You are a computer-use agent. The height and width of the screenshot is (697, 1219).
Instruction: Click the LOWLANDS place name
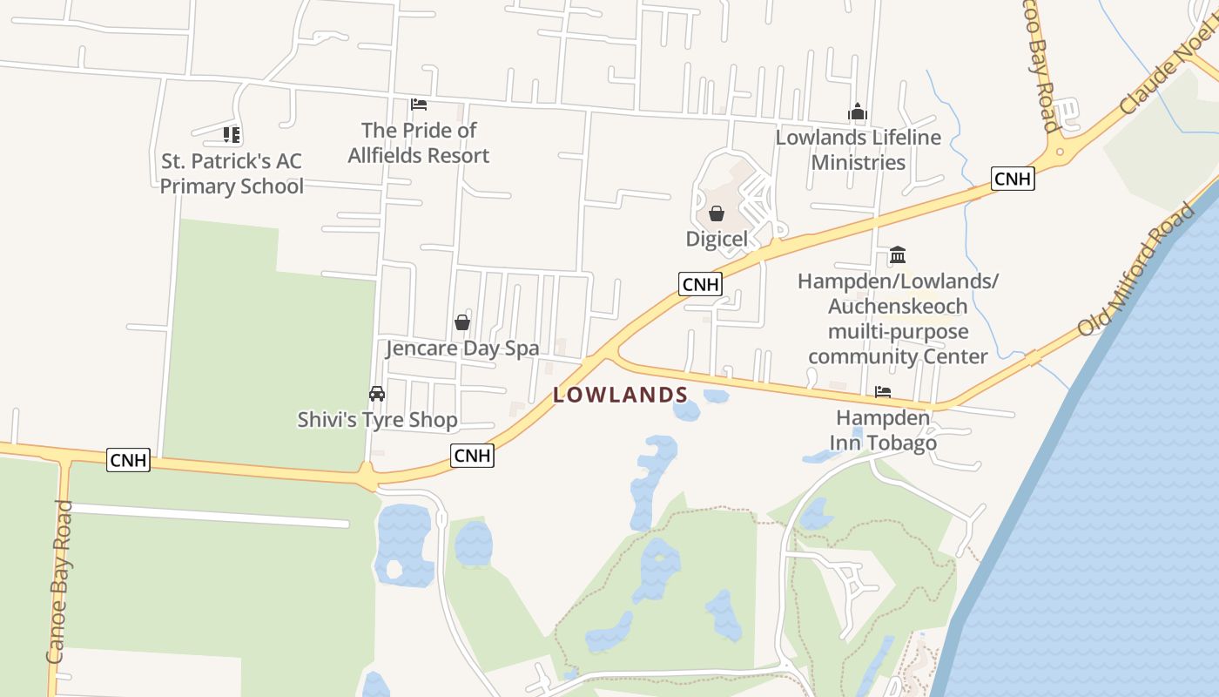click(620, 395)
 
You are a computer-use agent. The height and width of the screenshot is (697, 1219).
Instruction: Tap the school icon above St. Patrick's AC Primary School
click(231, 134)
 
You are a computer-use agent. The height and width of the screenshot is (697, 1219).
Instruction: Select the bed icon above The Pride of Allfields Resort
click(419, 105)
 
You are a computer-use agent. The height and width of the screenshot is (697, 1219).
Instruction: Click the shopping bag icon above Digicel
click(717, 213)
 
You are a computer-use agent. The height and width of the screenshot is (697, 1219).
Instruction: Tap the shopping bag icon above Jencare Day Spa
click(462, 322)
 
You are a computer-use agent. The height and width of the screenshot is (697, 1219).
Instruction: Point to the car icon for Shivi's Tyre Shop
click(377, 394)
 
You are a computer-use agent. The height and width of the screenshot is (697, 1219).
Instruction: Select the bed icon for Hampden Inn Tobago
click(883, 392)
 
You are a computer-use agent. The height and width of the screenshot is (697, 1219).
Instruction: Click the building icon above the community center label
click(898, 255)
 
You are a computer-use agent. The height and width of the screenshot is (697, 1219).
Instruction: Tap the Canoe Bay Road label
click(59, 582)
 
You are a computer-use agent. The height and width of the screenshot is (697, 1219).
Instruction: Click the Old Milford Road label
click(1136, 270)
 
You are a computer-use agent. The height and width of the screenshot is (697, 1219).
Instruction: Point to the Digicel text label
click(717, 239)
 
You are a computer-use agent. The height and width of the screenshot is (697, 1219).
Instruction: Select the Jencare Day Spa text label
click(462, 348)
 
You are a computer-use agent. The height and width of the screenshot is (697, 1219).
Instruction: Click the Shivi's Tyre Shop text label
click(377, 420)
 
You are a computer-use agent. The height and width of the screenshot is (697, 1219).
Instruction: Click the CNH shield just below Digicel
click(701, 284)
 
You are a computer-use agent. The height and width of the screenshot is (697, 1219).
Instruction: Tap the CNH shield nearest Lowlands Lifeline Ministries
click(1013, 179)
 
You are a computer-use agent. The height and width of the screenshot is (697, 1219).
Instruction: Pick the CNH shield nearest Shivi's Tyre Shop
click(473, 455)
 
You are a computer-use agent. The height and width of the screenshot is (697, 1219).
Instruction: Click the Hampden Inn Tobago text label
click(883, 430)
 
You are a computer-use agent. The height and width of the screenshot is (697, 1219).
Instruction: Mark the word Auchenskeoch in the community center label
click(898, 307)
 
